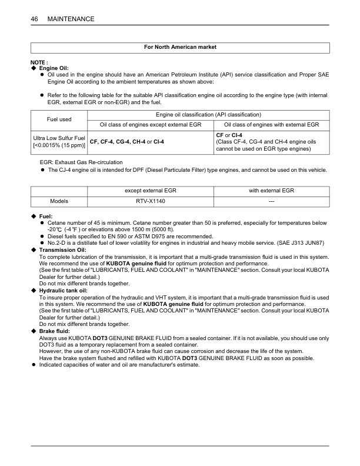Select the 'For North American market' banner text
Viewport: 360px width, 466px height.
click(x=179, y=47)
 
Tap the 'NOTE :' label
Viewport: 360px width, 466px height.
click(x=39, y=62)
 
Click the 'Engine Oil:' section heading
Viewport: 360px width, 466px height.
click(x=54, y=69)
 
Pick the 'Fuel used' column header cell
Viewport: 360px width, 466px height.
click(x=59, y=119)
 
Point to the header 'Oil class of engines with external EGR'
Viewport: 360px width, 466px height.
click(x=271, y=125)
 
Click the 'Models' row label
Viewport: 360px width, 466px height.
click(x=59, y=201)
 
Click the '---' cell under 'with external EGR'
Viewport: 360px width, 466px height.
click(x=271, y=201)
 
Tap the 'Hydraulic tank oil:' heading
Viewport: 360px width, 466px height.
click(x=63, y=291)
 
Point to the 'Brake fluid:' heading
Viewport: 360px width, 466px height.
click(x=55, y=332)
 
